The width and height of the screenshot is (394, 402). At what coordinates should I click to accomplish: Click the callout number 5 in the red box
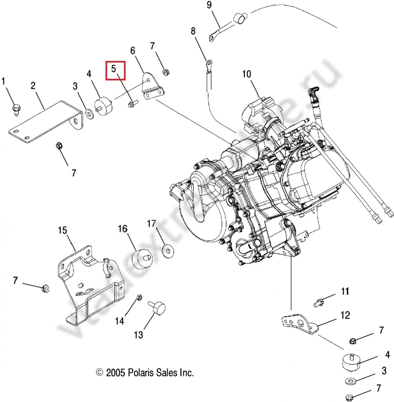(x=114, y=68)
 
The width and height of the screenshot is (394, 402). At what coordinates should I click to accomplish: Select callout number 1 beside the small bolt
(x=5, y=81)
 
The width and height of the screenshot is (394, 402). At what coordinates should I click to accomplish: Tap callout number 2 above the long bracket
(x=33, y=86)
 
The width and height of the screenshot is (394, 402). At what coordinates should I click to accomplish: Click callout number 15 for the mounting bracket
(x=62, y=230)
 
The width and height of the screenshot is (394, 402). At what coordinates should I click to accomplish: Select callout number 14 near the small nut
(x=119, y=320)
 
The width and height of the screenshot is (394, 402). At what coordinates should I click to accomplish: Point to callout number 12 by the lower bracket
(x=345, y=315)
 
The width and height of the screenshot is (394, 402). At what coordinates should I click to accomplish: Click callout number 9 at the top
(x=209, y=5)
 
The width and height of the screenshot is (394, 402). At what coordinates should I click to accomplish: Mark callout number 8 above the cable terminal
(x=193, y=31)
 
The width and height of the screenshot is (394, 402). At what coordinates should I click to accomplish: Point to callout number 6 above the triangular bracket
(x=133, y=50)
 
